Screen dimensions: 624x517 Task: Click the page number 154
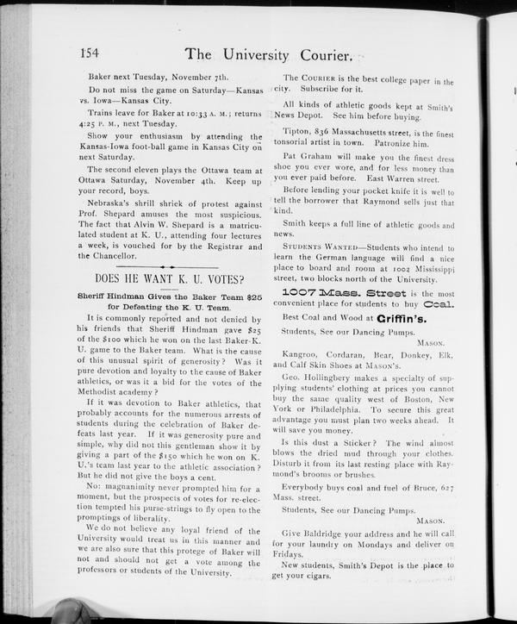tap(90, 53)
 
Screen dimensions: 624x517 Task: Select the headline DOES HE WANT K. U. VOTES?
tap(169, 279)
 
